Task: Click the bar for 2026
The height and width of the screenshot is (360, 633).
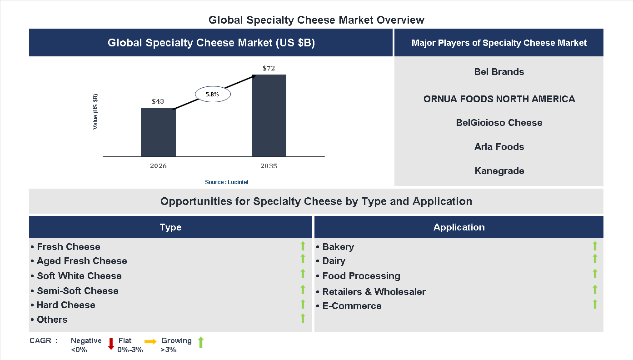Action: pos(158,132)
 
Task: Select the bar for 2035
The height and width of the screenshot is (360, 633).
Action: pos(269,115)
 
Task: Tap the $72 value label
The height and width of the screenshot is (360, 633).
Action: pos(269,68)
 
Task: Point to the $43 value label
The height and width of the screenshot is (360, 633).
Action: pos(158,101)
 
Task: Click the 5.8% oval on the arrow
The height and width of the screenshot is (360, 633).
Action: pos(213,95)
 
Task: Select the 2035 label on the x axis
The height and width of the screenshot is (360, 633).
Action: pos(269,166)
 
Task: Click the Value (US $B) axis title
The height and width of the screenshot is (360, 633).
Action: pos(95,111)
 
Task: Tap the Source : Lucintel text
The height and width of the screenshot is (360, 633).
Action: pos(227,182)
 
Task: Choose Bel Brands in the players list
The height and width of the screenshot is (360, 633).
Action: pos(499,72)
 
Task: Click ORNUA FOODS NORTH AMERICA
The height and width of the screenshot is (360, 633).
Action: pos(499,99)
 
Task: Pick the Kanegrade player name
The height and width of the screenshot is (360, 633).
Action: pos(499,171)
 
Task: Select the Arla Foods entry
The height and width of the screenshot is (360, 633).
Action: pos(499,147)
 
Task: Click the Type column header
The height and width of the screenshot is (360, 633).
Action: pos(170,227)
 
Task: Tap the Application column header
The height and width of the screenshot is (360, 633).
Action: pos(459,227)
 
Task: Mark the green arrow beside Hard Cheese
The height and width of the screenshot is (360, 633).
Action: pos(303,304)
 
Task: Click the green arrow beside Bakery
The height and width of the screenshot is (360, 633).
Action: pos(595,246)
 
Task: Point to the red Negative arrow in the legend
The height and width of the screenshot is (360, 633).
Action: pos(111,344)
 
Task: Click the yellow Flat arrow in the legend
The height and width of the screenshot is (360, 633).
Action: pos(150,341)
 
